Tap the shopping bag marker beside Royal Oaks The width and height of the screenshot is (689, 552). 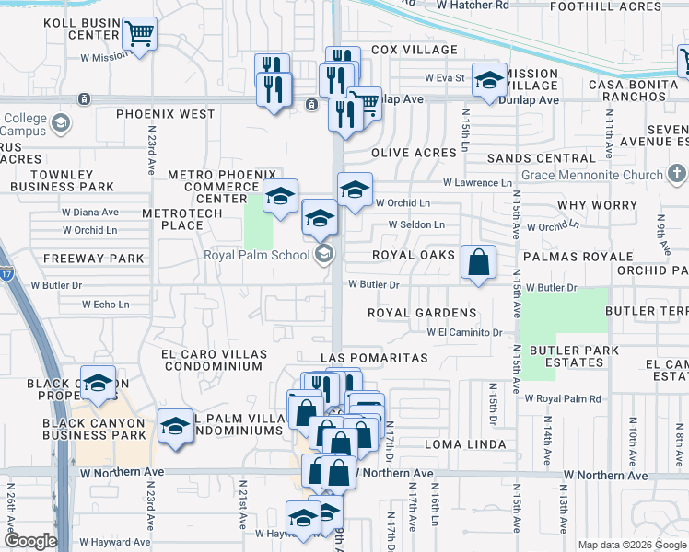click(x=479, y=262)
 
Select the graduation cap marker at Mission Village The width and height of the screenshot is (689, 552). click(x=489, y=80)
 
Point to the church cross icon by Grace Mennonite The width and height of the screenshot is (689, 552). click(x=677, y=174)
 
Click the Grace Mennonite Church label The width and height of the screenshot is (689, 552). click(x=591, y=175)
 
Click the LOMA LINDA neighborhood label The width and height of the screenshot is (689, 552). click(x=466, y=444)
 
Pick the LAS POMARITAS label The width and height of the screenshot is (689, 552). click(x=375, y=356)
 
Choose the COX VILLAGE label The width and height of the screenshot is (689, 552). click(x=414, y=50)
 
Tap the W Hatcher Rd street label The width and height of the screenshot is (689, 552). click(x=473, y=6)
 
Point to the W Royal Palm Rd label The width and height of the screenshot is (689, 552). click(x=563, y=398)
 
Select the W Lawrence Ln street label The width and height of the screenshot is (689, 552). click(x=476, y=183)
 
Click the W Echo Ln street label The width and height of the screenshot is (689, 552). click(x=105, y=305)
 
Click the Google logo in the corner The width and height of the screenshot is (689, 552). click(x=30, y=541)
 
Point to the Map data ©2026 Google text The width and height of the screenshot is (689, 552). click(x=631, y=545)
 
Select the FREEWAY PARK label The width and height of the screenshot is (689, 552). click(x=94, y=259)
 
